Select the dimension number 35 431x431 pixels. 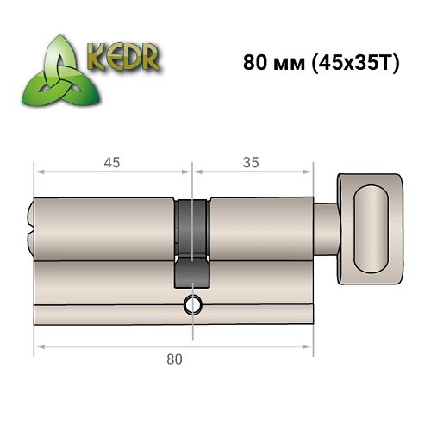pyautogui.click(x=252, y=161)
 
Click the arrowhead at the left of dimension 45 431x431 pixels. pyautogui.click(x=37, y=171)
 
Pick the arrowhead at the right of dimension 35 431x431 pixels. pyautogui.click(x=309, y=171)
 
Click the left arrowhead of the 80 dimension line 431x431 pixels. pyautogui.click(x=37, y=347)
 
